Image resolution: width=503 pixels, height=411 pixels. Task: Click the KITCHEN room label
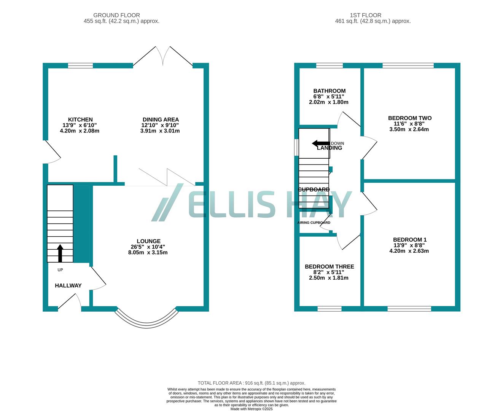point(80,119)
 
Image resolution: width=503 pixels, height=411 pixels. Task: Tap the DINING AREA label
point(160,119)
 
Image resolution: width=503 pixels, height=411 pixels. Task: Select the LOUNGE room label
point(148,241)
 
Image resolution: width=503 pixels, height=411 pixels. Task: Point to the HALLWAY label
point(68,285)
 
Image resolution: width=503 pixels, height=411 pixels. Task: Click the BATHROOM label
point(329,91)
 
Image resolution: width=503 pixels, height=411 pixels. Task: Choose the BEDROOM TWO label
point(409,118)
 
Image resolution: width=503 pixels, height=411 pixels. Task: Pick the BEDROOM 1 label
point(409,239)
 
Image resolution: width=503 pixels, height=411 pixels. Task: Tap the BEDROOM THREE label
point(329,266)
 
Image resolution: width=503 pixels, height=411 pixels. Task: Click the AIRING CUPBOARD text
point(314,223)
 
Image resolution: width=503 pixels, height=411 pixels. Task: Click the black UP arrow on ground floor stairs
point(60,253)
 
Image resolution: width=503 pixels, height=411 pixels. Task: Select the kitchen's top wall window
point(80,65)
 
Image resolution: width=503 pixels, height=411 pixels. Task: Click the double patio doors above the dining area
point(163,57)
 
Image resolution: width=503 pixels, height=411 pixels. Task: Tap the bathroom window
point(329,65)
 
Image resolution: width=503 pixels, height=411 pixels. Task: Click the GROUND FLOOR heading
point(116,15)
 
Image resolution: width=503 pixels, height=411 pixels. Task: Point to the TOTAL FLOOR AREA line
point(251,383)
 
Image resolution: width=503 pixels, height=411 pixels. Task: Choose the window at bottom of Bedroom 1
point(409,309)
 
